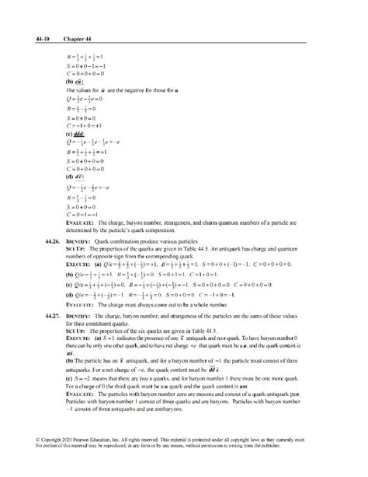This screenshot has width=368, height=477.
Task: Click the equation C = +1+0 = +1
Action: [84, 125]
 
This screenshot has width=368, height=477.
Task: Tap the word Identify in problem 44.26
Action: [79, 241]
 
